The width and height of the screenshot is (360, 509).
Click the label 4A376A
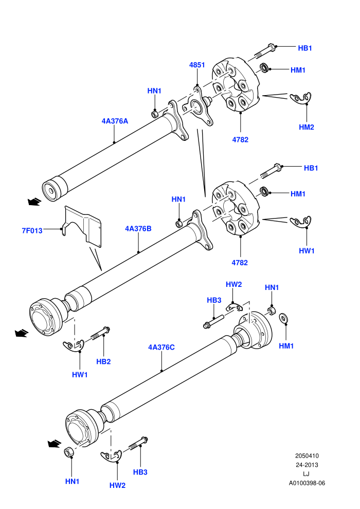point(115,121)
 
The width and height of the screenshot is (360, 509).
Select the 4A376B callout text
point(138,228)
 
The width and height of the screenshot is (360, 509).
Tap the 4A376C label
point(161,348)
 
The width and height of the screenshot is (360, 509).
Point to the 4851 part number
point(197,65)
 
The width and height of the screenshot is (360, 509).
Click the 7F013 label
point(32,231)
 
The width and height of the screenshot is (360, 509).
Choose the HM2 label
point(307,128)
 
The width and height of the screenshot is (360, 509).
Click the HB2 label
point(103,361)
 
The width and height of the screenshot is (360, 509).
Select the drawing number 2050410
point(307,456)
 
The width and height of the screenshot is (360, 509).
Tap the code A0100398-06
point(307,483)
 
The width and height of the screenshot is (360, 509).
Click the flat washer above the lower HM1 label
point(283,318)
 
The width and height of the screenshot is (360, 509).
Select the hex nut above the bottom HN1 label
point(69,452)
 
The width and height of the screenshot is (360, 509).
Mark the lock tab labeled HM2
point(301,98)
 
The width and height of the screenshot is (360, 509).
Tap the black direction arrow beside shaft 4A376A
point(35,202)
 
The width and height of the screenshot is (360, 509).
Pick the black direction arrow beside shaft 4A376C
point(55,443)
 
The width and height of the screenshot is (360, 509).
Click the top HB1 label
point(305,48)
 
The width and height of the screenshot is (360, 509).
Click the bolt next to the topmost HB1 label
point(264,51)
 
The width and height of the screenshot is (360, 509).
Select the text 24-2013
point(307,465)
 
